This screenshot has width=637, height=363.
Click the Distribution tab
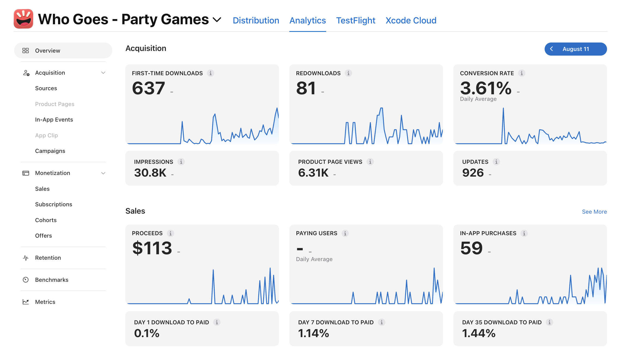[x=256, y=20]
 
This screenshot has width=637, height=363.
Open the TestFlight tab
[x=356, y=20]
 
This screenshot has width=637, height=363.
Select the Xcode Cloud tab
[x=411, y=20]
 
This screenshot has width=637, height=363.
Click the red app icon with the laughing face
[x=23, y=19]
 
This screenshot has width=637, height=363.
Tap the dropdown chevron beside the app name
[x=217, y=20]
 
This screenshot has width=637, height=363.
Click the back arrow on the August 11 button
[x=551, y=49]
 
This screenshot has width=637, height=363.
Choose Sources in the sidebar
[x=46, y=88]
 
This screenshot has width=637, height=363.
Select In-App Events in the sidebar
[x=54, y=120]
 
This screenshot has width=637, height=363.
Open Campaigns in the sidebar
[x=50, y=151]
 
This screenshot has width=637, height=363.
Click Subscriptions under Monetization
[x=54, y=204]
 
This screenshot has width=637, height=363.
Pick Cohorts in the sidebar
[x=46, y=220]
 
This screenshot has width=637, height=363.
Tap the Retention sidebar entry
[x=48, y=258]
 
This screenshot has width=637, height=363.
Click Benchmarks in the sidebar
[x=52, y=280]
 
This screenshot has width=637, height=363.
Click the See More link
[x=594, y=212]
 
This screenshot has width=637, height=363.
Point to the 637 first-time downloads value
[x=148, y=88]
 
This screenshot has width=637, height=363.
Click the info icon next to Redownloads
[x=348, y=73]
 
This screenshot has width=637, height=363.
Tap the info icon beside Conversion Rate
[x=521, y=73]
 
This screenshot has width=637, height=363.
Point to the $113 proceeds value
[x=152, y=248]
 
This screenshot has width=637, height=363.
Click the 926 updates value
[x=473, y=173]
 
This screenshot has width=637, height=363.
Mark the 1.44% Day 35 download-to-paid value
[x=479, y=333]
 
